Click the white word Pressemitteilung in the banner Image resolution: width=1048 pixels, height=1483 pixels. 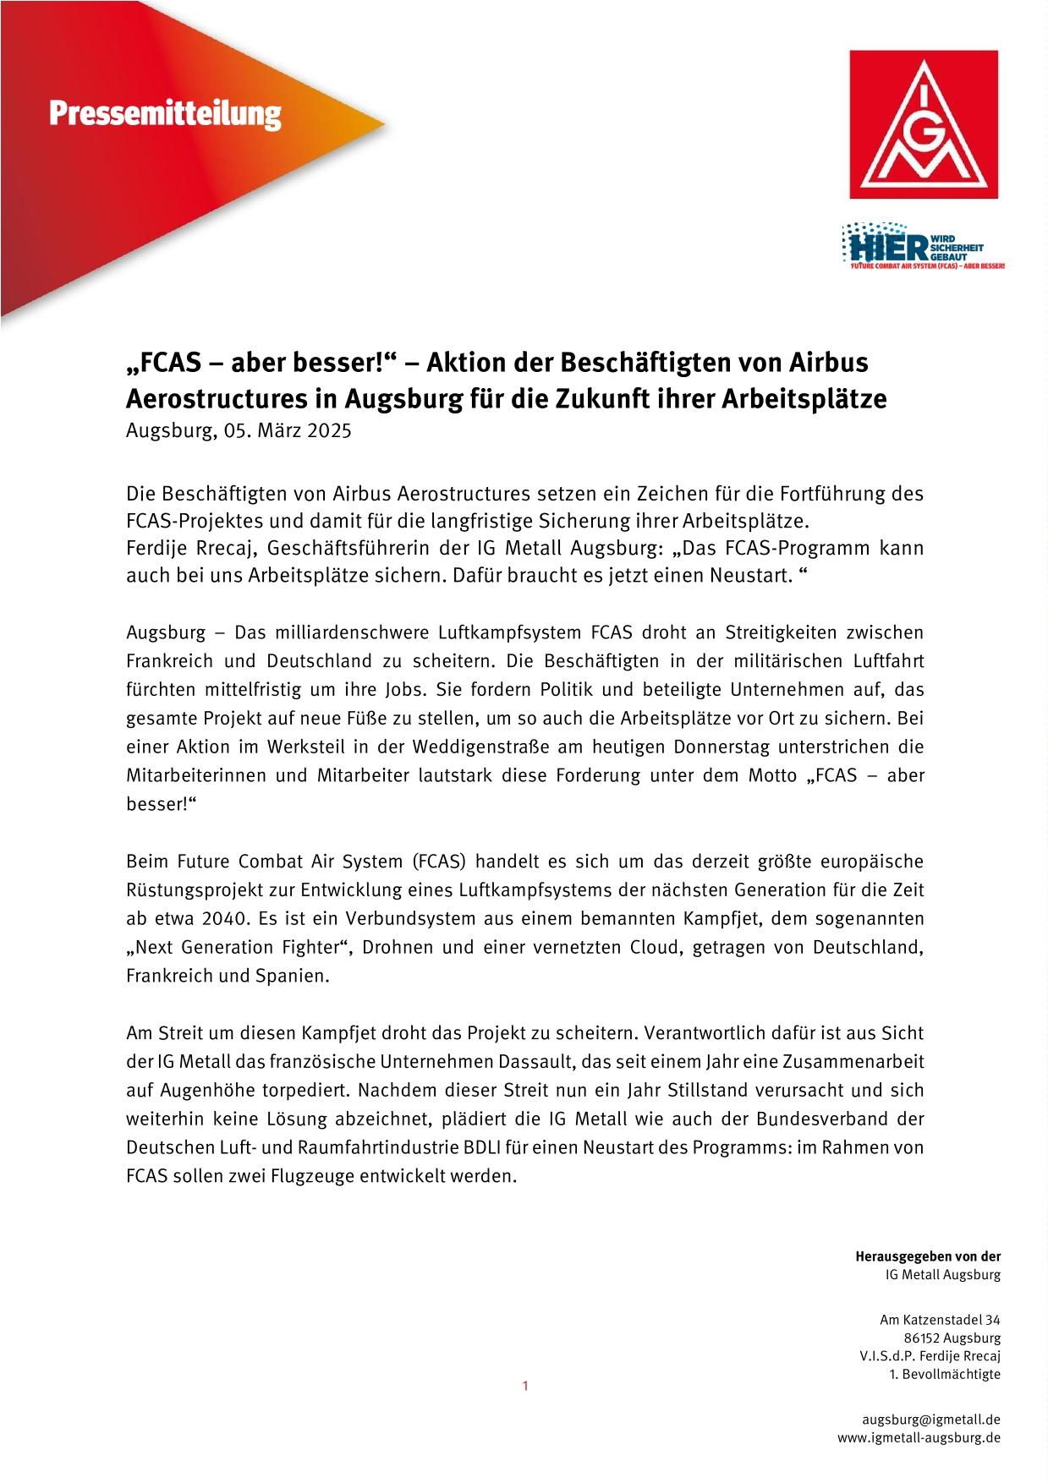(164, 113)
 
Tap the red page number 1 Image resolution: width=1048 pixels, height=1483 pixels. (525, 1385)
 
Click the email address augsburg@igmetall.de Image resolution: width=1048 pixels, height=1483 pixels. (931, 1420)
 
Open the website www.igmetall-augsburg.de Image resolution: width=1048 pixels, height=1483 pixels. (919, 1437)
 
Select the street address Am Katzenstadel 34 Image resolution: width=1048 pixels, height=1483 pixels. (940, 1320)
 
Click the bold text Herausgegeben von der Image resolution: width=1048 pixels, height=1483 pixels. (928, 1256)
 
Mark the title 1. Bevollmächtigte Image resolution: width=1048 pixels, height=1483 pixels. (944, 1374)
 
